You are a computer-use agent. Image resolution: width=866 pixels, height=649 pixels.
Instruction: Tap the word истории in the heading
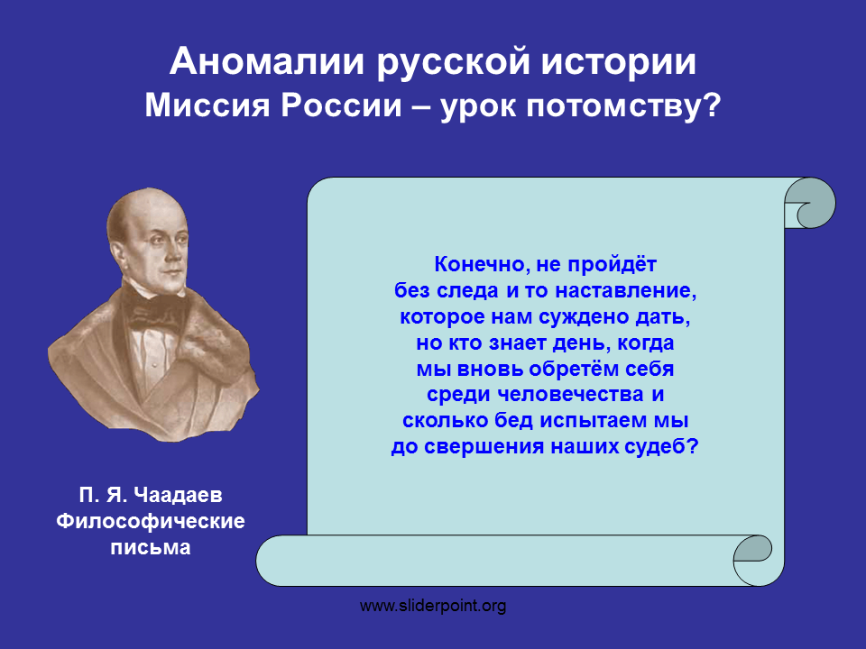(x=618, y=62)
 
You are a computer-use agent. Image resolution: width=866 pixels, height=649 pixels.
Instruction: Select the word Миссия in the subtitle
(x=207, y=105)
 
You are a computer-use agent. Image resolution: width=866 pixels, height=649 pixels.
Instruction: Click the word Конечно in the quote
(x=479, y=265)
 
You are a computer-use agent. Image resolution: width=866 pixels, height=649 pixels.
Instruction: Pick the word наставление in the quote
(x=626, y=290)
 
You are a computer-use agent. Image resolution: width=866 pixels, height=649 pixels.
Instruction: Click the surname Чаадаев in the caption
(x=178, y=495)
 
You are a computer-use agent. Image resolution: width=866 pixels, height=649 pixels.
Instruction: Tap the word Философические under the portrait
(x=151, y=521)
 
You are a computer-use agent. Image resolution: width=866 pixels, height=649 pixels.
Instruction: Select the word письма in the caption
(x=151, y=547)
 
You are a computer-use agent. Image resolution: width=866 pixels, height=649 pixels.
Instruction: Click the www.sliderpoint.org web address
(x=433, y=606)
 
